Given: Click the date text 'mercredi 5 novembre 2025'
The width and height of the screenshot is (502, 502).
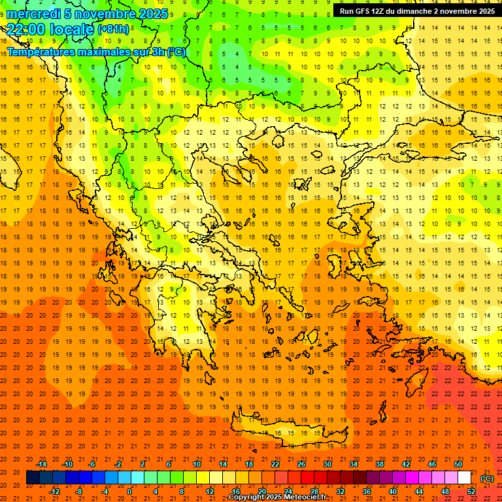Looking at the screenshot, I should pos(88,14).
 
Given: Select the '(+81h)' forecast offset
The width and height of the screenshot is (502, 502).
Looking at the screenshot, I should pos(113,29).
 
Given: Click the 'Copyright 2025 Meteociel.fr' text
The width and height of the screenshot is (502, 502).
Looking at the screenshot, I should pos(277,497).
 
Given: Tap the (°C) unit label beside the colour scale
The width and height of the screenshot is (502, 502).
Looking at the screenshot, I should pos(487,478).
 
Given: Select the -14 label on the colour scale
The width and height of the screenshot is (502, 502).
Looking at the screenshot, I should pos(41,464).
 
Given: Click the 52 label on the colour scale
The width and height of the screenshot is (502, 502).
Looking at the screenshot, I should pos(471,492).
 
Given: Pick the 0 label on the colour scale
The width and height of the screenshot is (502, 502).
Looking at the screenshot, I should pos(129,492).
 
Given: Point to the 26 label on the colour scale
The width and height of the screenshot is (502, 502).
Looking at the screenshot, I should pos(301,464).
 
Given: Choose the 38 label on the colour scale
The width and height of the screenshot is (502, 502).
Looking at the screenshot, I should pos(380,464).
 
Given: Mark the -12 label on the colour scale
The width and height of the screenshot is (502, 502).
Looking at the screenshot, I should pos(54,492).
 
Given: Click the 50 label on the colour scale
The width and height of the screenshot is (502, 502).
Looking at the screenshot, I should pos(458,464).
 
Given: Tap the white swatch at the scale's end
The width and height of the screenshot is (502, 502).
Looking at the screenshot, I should pos(465,478).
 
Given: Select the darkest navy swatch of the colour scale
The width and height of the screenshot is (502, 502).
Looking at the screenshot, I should pos(33,478).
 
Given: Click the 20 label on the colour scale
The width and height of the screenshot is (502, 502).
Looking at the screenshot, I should pos(261,492).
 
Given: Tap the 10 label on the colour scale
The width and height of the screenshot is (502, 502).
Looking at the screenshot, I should pos(196,464).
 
